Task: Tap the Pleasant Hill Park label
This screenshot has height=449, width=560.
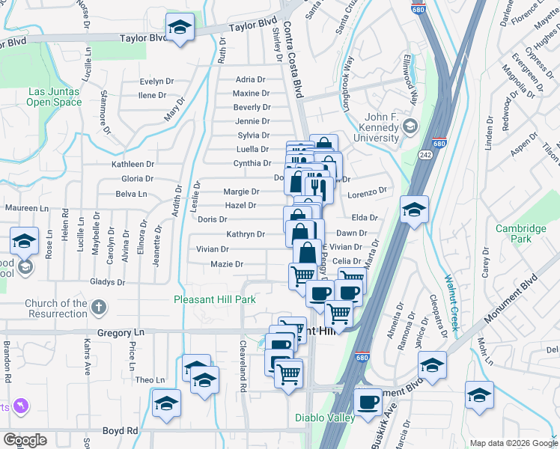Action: (215, 300)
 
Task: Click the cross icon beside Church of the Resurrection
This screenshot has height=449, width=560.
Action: (99, 308)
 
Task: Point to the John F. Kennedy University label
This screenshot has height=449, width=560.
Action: (382, 127)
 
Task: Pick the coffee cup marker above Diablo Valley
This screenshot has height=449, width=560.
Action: (368, 403)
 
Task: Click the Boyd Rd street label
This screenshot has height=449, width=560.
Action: (121, 431)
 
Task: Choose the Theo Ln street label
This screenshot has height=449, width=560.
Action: (144, 380)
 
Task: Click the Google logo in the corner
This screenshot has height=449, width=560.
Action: (25, 440)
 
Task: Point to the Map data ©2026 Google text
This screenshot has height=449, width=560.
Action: (513, 443)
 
